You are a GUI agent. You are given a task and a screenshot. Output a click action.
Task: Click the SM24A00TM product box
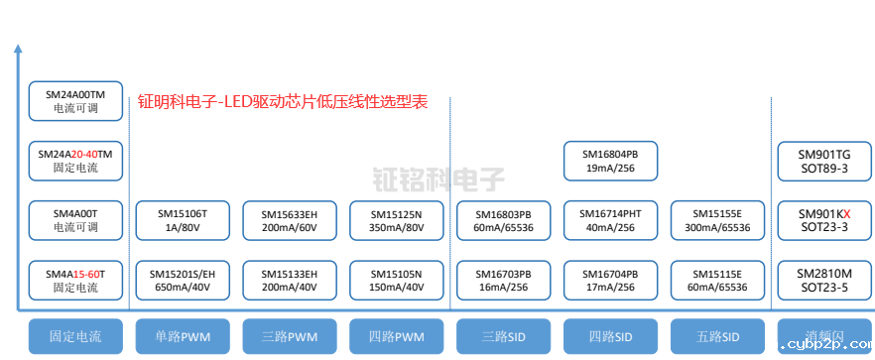tap(75, 99)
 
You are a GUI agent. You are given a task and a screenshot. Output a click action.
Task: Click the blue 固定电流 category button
tap(75, 336)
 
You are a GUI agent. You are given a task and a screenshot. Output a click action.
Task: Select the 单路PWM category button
tap(183, 336)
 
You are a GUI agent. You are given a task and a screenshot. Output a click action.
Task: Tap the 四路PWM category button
tap(397, 336)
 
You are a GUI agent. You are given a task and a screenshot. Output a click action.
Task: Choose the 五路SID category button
tap(717, 336)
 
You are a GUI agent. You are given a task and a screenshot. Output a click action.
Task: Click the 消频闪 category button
tap(824, 336)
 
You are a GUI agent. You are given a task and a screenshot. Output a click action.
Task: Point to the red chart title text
tap(283, 101)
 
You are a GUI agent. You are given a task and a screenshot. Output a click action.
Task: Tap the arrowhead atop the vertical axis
tap(17, 48)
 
